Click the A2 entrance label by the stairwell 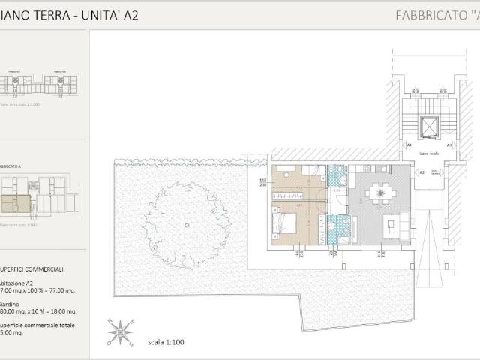422,172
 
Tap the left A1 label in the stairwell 409,144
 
